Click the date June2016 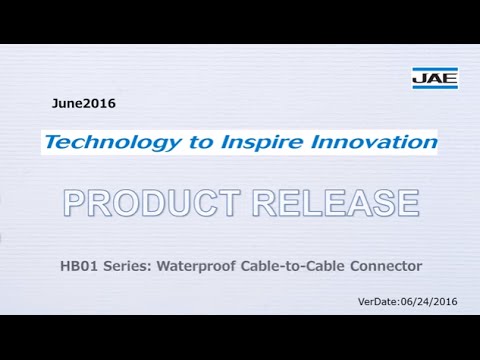pos(84,103)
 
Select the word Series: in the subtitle pos(119,266)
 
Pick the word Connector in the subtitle pos(381,266)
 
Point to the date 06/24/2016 pos(430,301)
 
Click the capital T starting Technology pos(52,142)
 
